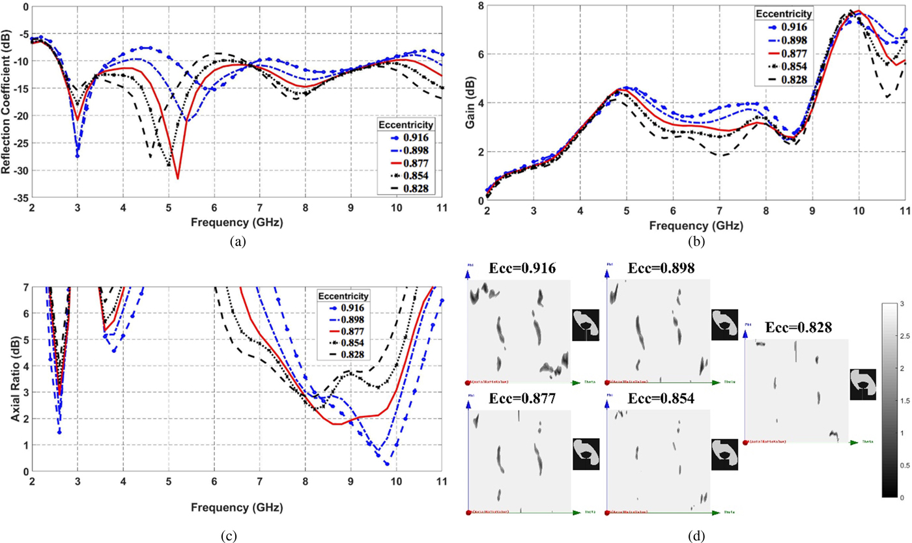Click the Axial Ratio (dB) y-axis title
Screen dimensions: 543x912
[x=14, y=378]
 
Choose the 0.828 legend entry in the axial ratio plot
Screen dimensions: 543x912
[x=343, y=354]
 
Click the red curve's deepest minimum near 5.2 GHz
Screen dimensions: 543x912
[x=177, y=178]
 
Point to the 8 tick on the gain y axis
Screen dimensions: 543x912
[x=477, y=6]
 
